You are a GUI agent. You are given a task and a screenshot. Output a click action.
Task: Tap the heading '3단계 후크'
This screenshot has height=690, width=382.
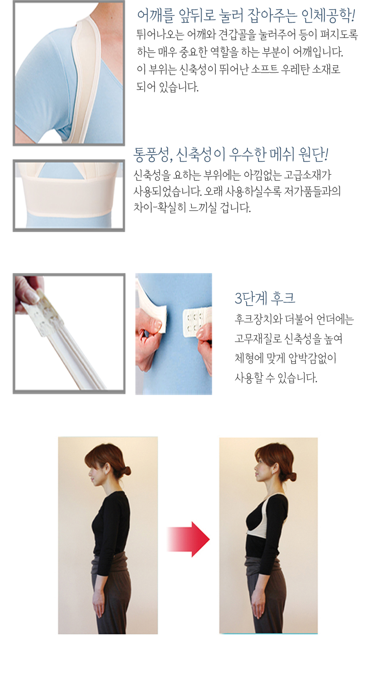click(x=265, y=298)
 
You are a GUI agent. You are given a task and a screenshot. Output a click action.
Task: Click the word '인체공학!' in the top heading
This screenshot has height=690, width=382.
click(x=328, y=15)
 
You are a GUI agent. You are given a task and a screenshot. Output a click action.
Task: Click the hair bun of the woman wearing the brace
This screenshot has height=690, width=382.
click(x=291, y=476)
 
